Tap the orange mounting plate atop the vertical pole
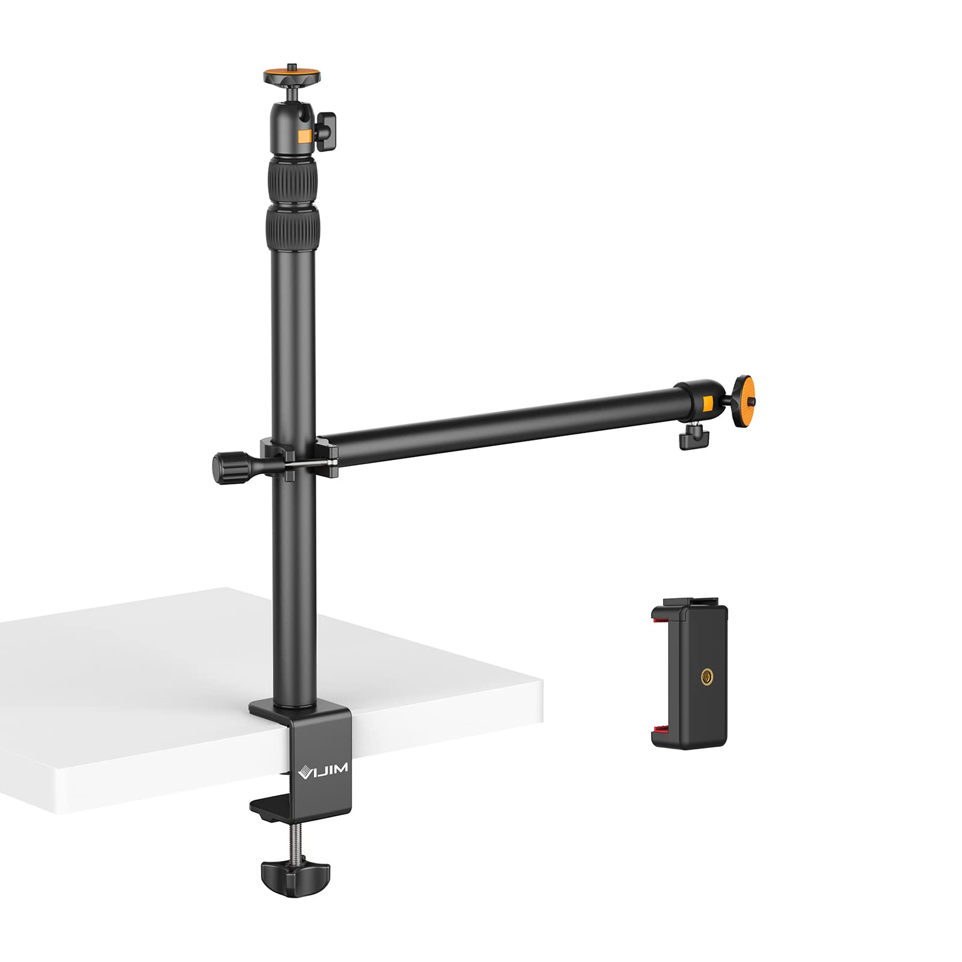292,77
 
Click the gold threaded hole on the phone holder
705,678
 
